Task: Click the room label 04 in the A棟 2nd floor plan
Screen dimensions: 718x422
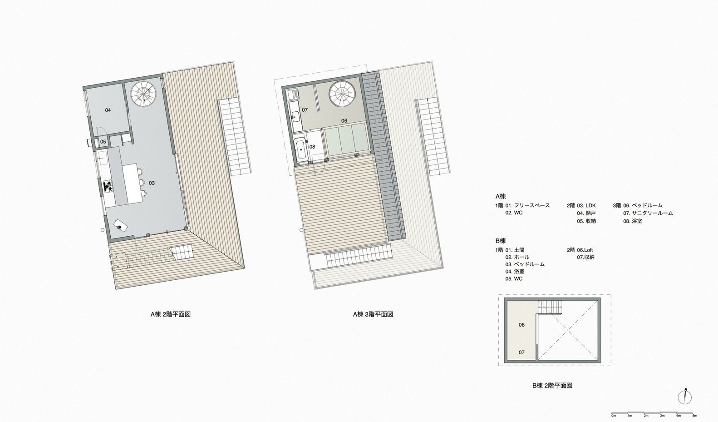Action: coord(108,110)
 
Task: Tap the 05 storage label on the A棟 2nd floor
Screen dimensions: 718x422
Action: coord(103,142)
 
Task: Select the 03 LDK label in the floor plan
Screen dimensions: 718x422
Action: coord(152,183)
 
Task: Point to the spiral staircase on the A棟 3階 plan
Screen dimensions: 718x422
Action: coord(342,94)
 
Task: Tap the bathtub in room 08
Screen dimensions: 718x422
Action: coord(301,149)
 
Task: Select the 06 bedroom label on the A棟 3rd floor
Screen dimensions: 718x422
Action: coord(344,121)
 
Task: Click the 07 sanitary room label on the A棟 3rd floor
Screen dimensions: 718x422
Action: coord(305,110)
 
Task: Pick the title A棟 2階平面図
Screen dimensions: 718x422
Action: coord(171,314)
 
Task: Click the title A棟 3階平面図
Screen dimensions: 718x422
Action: coord(373,314)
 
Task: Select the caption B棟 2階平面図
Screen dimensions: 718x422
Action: coord(552,385)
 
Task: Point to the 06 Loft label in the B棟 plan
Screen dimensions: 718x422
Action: coord(521,325)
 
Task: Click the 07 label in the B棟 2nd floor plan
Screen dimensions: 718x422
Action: coord(521,352)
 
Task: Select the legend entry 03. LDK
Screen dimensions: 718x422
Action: coord(586,205)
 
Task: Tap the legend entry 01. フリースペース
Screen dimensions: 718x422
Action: coord(527,205)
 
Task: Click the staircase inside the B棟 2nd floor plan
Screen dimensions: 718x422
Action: coord(550,307)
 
